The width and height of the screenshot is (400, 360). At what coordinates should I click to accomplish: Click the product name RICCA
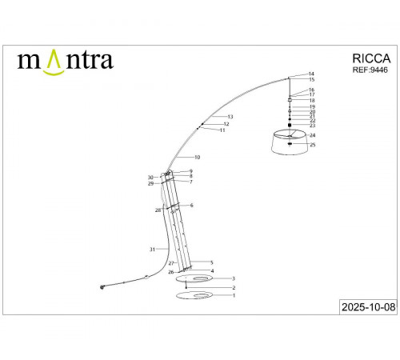pos(371,58)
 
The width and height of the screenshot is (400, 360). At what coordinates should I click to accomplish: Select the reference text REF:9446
pos(370,70)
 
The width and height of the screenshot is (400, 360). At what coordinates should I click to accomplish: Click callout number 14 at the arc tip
pos(311,74)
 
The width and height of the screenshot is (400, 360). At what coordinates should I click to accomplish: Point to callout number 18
pos(311,100)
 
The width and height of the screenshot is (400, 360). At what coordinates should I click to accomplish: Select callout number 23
pos(311,126)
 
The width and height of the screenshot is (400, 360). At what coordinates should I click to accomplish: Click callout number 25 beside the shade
pos(313,145)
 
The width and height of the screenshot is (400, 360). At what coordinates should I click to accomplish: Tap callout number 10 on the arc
pos(197,157)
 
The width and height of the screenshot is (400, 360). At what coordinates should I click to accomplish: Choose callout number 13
pos(230,117)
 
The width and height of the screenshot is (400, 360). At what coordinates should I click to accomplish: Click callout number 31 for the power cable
pos(151,250)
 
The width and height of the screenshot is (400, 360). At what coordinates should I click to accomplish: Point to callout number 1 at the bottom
pos(234,295)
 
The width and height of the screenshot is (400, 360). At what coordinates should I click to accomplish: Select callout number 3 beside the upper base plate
pos(233,278)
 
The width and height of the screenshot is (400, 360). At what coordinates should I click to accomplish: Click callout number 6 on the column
pos(191,206)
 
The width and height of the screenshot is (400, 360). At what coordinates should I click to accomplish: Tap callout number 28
pos(158,210)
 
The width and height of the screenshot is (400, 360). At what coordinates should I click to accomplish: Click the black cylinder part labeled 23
pos(289,126)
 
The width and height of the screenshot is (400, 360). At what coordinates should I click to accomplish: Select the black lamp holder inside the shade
pos(290,144)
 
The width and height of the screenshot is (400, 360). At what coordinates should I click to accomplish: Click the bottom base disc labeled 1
pos(194,297)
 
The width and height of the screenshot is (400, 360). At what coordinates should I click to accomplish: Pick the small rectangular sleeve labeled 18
pos(289,100)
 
